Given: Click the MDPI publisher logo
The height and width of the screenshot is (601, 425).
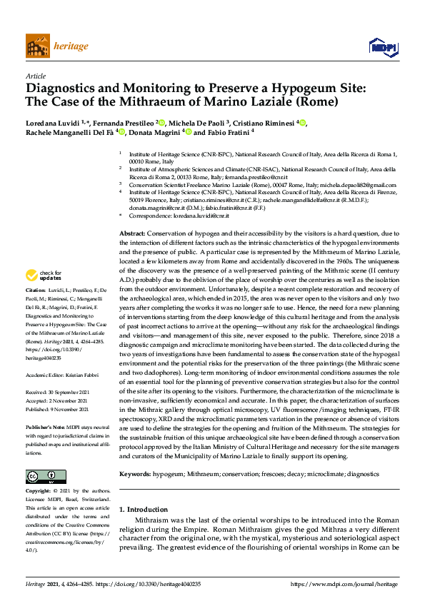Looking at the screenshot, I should pos(382,46).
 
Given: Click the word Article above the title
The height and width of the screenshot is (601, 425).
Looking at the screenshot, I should pos(36,76).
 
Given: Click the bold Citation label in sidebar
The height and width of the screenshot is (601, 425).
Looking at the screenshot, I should pos(35,291).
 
